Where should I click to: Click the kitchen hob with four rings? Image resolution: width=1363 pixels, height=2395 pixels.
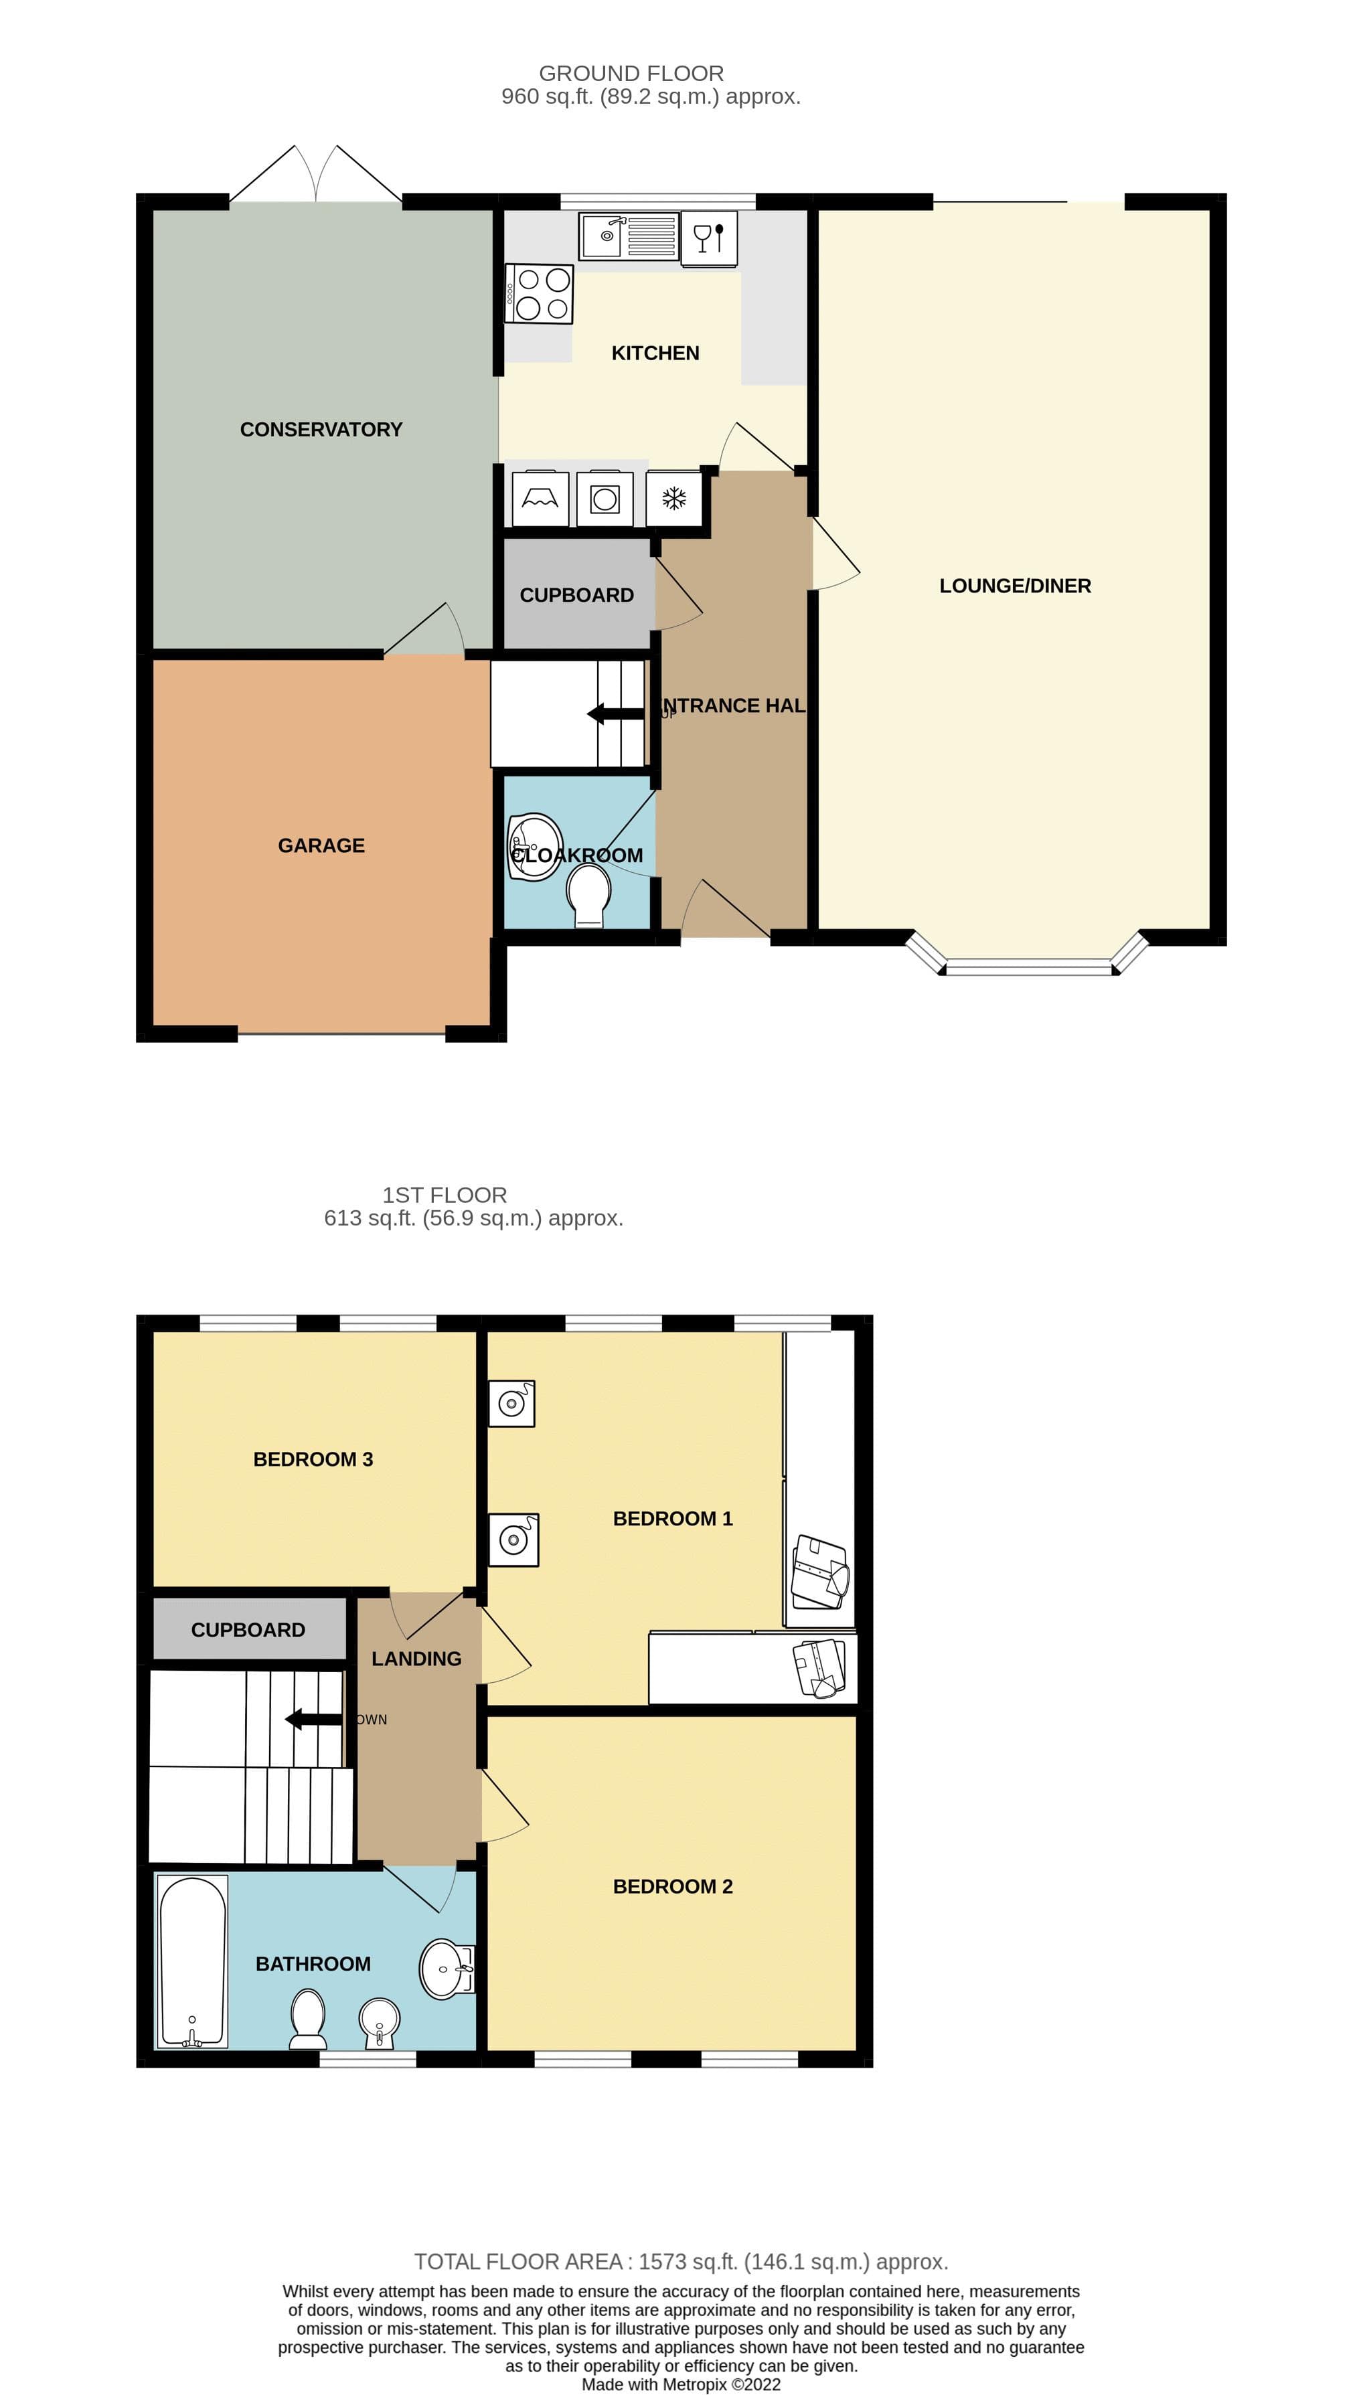(539, 294)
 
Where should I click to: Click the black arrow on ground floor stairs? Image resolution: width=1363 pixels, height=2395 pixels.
(615, 714)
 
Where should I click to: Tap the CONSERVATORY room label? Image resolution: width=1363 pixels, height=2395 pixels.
(321, 430)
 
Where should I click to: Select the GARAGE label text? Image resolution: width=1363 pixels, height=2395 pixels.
(321, 845)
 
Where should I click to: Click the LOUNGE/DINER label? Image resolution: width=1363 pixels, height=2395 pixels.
(1015, 586)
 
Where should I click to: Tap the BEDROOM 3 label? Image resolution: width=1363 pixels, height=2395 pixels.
(313, 1459)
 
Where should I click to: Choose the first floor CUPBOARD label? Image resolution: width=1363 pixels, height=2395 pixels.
(248, 1629)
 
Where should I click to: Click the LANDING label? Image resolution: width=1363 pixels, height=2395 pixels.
(416, 1659)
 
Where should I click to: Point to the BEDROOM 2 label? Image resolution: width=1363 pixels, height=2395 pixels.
(672, 1886)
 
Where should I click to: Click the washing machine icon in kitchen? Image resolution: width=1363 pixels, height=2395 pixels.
(605, 499)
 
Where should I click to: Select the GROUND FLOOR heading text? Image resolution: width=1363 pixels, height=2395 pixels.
(631, 73)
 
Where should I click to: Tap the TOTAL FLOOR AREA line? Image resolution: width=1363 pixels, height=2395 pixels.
(681, 2261)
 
